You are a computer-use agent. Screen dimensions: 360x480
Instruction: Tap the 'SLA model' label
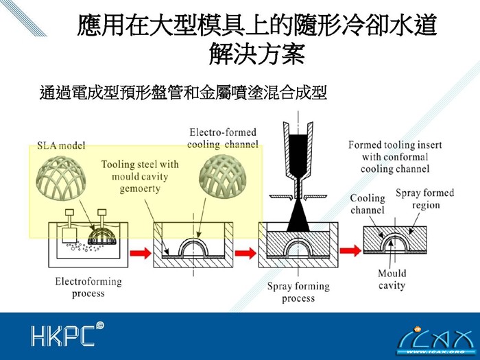pos(61,146)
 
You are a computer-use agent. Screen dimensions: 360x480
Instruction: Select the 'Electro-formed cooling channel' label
pos(223,138)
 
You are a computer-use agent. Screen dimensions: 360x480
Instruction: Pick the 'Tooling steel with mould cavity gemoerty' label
pos(139,176)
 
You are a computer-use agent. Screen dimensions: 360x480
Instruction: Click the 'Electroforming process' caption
pos(88,287)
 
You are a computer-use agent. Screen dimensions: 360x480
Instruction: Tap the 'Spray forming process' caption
pos(298,292)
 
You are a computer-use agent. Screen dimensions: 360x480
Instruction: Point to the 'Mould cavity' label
pos(392,279)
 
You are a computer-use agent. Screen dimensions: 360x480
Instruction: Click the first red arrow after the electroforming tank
pos(139,252)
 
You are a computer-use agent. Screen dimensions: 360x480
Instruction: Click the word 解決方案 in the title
pos(256,55)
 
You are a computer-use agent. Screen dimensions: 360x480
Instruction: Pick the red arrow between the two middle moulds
pos(245,252)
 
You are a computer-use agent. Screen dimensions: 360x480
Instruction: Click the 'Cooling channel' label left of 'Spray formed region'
pos(368,204)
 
